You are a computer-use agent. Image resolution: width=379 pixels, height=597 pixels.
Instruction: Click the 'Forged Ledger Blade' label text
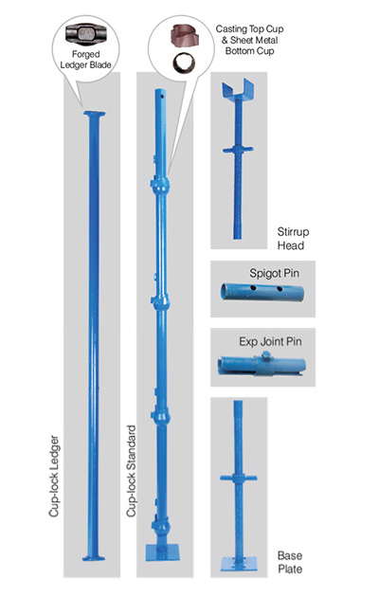click(x=85, y=60)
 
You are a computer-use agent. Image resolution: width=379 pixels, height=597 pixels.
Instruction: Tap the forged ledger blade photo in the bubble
click(x=85, y=34)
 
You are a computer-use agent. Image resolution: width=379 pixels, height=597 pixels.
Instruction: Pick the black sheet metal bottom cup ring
click(x=184, y=63)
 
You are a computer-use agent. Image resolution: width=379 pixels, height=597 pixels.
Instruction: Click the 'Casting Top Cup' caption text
click(x=249, y=29)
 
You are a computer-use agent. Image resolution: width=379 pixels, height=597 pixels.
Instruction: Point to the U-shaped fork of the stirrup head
click(x=238, y=89)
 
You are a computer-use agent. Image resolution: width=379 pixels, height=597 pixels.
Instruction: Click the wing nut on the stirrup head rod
click(x=238, y=150)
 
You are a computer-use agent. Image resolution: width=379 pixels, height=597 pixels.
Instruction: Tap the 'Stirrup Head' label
click(x=293, y=239)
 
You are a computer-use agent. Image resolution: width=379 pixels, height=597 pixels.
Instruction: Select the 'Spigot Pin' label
click(x=274, y=273)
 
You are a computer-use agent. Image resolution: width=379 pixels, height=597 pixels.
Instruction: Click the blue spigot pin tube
click(x=262, y=292)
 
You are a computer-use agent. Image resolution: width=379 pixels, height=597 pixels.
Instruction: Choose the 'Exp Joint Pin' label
click(x=270, y=341)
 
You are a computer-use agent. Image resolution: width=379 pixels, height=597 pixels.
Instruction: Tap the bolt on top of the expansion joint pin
click(x=266, y=356)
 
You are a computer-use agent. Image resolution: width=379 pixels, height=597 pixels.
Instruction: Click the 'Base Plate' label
click(x=290, y=562)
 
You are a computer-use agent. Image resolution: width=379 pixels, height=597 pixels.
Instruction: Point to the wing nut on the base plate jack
click(x=239, y=478)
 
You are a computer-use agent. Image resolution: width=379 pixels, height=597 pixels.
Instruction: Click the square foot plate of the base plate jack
click(x=239, y=564)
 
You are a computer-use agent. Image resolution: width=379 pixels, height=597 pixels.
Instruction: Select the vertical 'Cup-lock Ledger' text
click(x=54, y=476)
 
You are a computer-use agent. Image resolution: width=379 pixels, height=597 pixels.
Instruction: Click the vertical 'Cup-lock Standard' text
click(x=132, y=471)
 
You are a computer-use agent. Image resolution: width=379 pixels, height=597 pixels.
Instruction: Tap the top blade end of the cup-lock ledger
click(x=95, y=115)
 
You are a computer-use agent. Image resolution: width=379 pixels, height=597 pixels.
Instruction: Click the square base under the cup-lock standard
click(x=162, y=552)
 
